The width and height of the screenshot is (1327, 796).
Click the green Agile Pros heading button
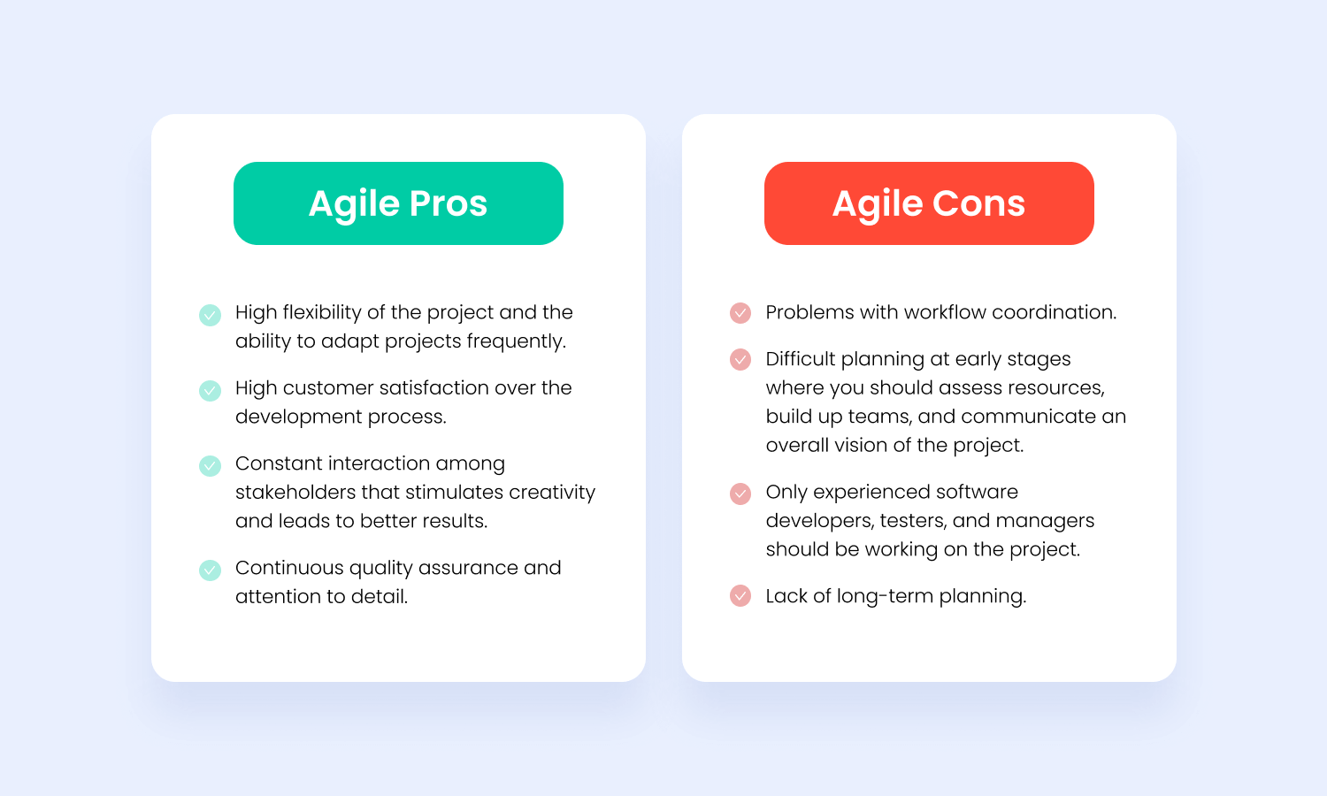pyautogui.click(x=398, y=203)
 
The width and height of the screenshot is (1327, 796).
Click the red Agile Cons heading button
pyautogui.click(x=929, y=203)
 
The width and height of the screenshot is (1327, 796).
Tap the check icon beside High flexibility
pyautogui.click(x=210, y=315)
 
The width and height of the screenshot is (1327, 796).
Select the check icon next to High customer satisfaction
pyautogui.click(x=210, y=390)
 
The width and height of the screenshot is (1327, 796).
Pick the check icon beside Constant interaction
pyautogui.click(x=210, y=465)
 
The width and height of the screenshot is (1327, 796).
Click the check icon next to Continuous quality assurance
pyautogui.click(x=210, y=570)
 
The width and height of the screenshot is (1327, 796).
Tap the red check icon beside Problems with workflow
pyautogui.click(x=740, y=312)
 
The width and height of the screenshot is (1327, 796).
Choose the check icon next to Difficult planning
pyautogui.click(x=740, y=359)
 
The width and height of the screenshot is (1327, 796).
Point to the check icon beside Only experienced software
pyautogui.click(x=740, y=493)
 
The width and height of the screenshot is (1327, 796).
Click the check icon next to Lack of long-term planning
pyautogui.click(x=740, y=596)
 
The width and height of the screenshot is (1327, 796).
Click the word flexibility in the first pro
pyautogui.click(x=321, y=312)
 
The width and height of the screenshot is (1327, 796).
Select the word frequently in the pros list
pyautogui.click(x=516, y=341)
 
